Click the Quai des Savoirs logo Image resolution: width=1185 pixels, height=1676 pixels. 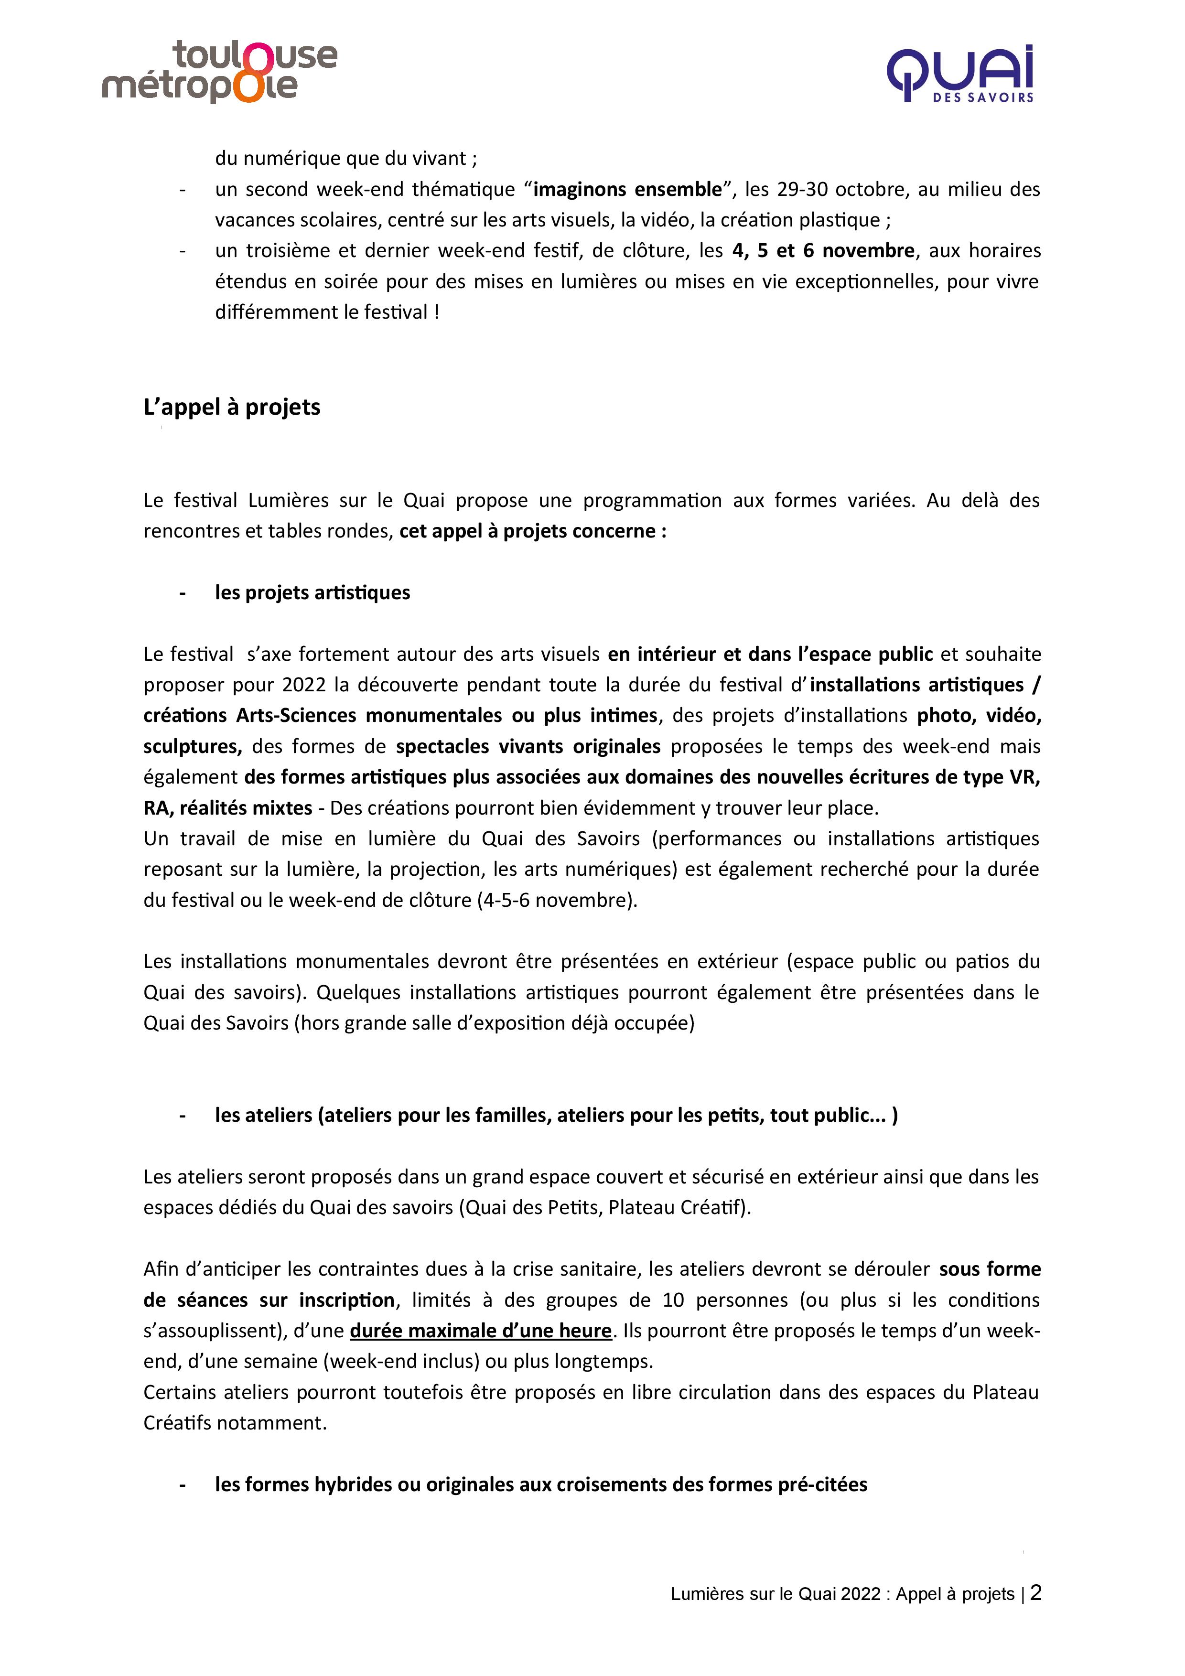[x=960, y=74]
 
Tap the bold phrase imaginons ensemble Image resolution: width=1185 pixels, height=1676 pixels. [x=627, y=189]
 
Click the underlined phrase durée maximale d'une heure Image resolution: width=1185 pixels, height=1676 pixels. [x=480, y=1330]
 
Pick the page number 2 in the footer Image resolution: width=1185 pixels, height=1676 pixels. [x=1035, y=1593]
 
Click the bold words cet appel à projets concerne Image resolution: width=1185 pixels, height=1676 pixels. [x=532, y=531]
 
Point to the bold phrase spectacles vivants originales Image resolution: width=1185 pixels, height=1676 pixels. [x=528, y=746]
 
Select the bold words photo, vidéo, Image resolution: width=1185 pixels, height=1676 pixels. [x=979, y=715]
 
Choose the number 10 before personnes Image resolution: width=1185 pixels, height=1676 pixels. [x=673, y=1300]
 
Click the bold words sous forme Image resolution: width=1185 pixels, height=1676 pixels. [x=989, y=1268]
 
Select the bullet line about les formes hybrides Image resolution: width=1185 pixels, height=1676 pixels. [x=540, y=1484]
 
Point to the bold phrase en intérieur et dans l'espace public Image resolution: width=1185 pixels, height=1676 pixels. [x=770, y=654]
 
